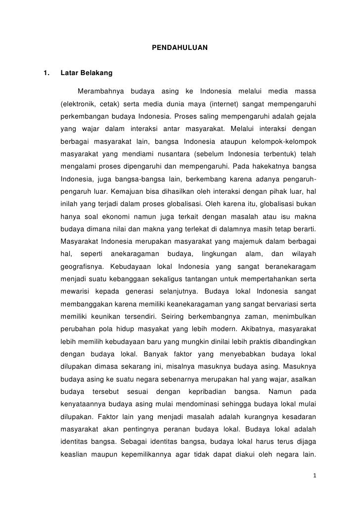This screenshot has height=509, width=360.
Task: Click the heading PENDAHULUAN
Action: [x=180, y=48]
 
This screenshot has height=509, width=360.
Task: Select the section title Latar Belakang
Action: [x=86, y=74]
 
